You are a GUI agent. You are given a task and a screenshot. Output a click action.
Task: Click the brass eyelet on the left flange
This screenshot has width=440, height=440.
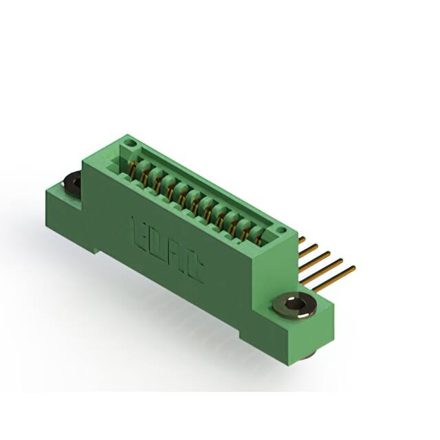[71, 182]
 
